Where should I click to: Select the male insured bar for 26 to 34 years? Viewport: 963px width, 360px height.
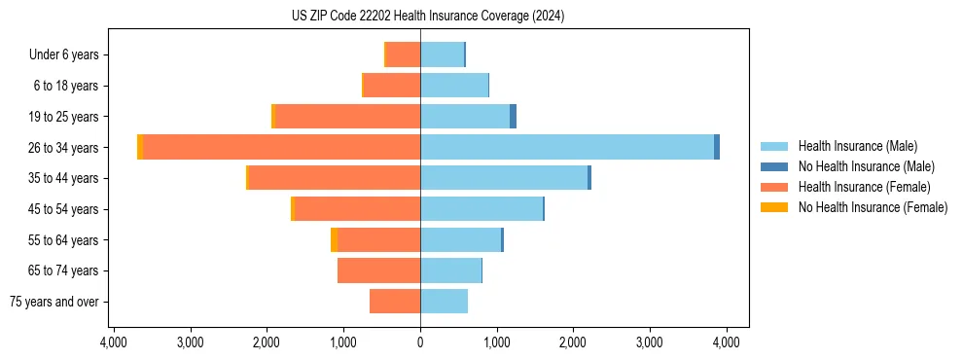(x=567, y=147)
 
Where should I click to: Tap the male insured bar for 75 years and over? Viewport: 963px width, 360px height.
(x=444, y=302)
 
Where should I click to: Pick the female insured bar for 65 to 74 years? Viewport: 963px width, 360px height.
(x=378, y=270)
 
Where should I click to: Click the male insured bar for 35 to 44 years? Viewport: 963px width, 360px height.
(x=504, y=178)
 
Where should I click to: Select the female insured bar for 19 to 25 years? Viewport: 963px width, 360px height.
(x=348, y=117)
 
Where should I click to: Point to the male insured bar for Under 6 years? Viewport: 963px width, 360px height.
(x=442, y=54)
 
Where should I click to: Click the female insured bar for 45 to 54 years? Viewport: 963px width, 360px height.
(x=357, y=209)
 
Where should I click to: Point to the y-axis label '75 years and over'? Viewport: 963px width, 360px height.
(x=54, y=302)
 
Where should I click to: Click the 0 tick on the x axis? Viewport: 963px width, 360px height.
(x=420, y=342)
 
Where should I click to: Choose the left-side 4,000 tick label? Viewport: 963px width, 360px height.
(x=113, y=342)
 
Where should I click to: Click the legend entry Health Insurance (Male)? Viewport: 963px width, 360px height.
(x=857, y=146)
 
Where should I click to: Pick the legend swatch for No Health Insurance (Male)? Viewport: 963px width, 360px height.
(x=774, y=166)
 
